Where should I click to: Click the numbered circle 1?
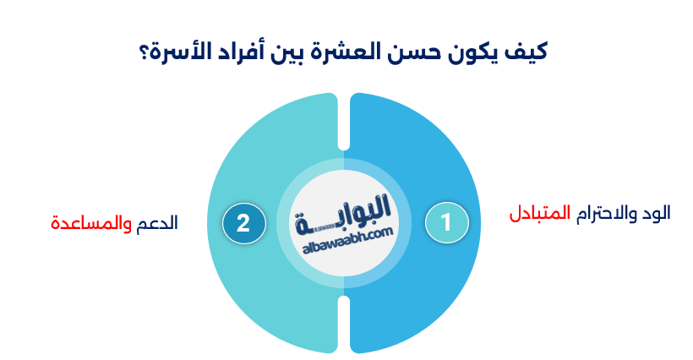(x=447, y=223)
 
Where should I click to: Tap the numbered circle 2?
(x=243, y=223)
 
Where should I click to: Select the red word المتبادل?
(x=539, y=213)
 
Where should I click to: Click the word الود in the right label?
(x=656, y=213)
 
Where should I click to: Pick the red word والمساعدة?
(x=90, y=224)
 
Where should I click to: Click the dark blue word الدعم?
(x=157, y=224)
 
